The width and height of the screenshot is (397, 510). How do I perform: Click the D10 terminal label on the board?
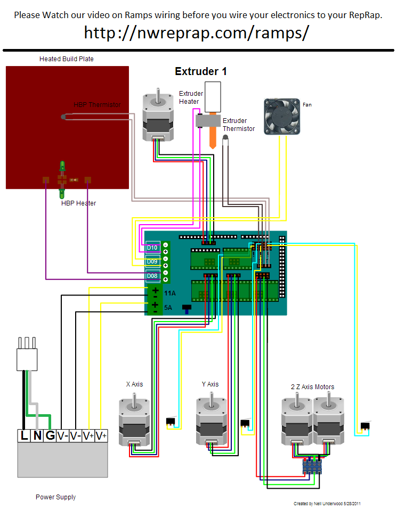click(152, 248)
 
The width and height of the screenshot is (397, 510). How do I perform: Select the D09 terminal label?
click(152, 261)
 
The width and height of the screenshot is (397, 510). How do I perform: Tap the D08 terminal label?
click(152, 276)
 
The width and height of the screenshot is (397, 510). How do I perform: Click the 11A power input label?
click(169, 293)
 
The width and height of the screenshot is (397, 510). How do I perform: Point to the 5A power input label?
click(168, 308)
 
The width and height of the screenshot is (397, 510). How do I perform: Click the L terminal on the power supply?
click(24, 435)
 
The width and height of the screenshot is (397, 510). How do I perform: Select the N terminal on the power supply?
click(37, 435)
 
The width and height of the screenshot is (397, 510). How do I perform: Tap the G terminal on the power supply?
click(50, 435)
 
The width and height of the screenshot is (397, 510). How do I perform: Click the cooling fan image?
click(282, 117)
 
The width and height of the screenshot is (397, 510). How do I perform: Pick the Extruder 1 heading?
click(200, 71)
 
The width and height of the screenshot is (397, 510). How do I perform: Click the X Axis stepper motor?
click(134, 419)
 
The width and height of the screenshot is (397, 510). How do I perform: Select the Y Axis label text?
click(210, 384)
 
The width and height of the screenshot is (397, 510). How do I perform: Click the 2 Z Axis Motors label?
click(313, 386)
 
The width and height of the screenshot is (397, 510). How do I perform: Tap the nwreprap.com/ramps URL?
click(197, 33)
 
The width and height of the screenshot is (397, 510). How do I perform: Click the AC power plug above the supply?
click(27, 354)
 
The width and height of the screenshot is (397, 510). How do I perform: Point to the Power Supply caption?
click(56, 497)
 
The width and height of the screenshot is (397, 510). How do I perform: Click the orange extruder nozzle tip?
click(213, 147)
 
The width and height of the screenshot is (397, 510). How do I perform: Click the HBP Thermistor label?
click(97, 105)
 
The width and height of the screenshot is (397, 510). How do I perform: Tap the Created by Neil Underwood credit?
click(327, 504)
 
